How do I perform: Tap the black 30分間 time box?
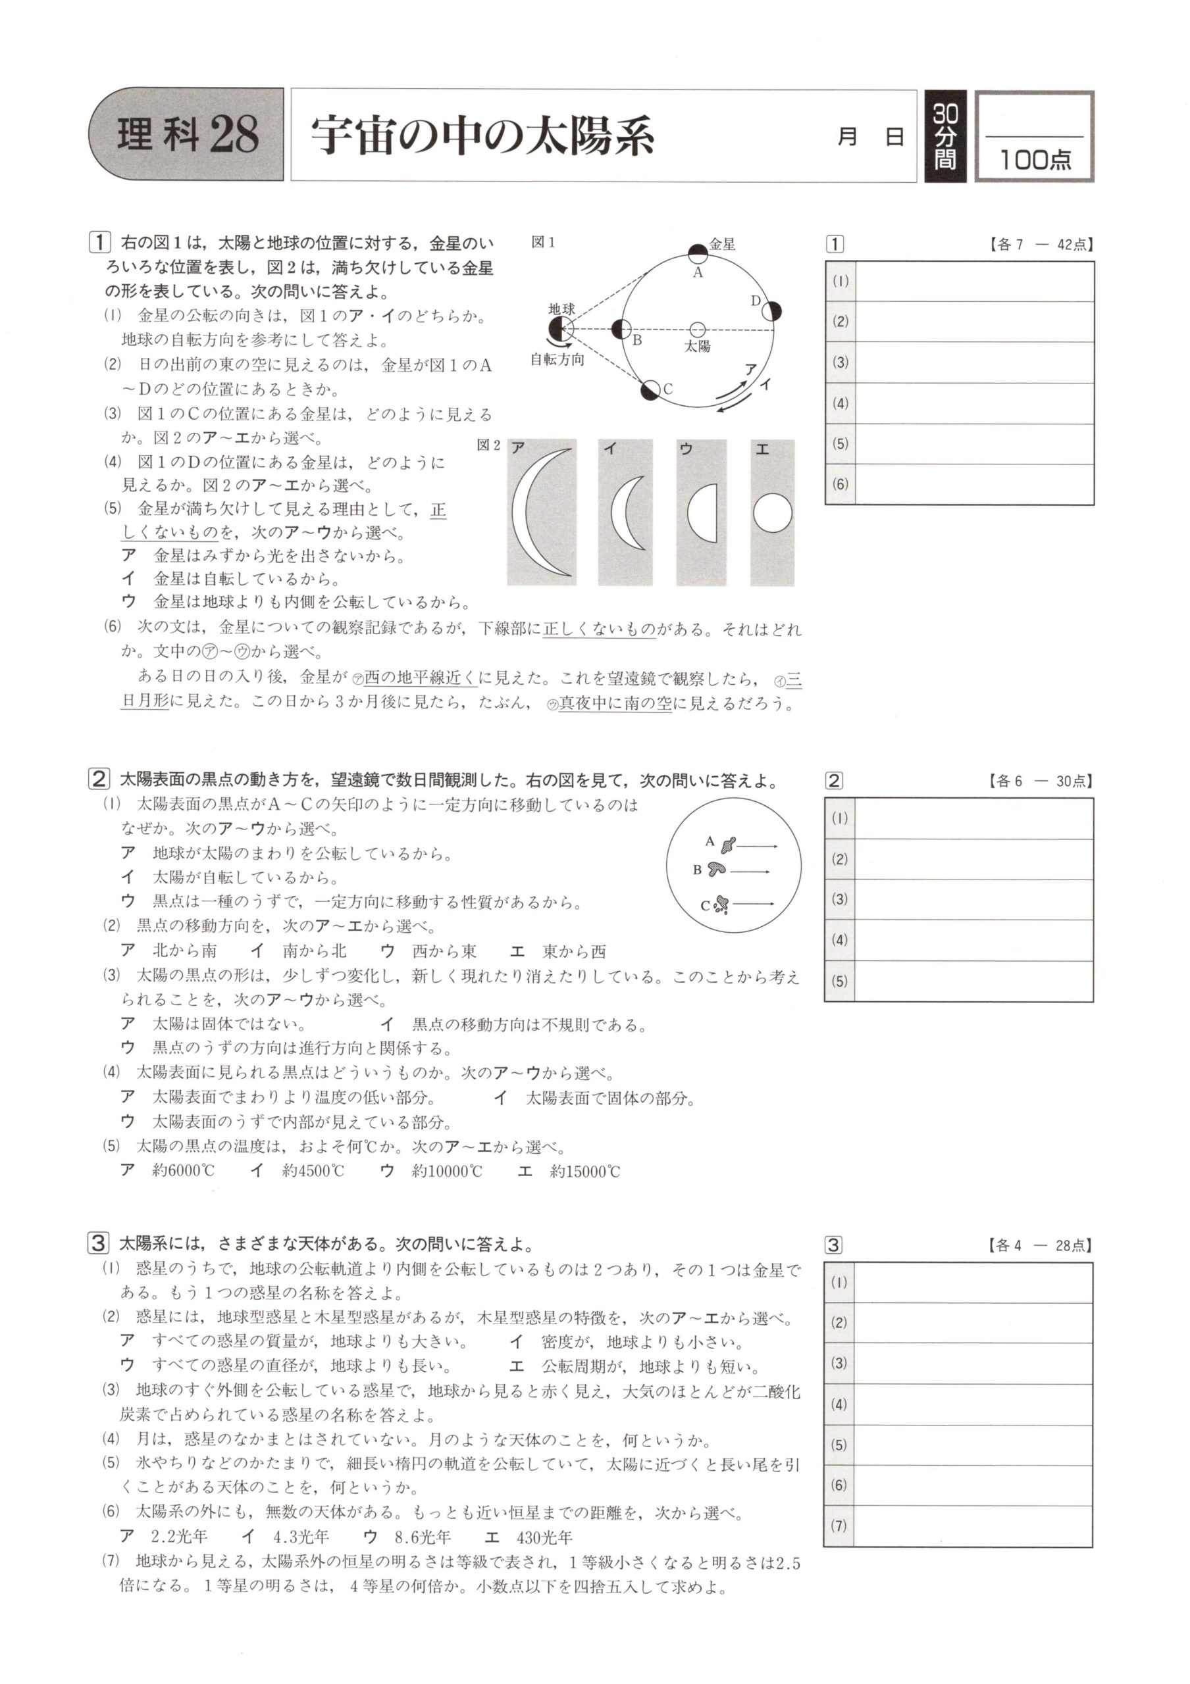[945, 136]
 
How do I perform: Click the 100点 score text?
[1035, 159]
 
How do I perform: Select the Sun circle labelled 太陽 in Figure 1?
[697, 330]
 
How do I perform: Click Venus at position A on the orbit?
[697, 254]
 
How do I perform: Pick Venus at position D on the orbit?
[771, 311]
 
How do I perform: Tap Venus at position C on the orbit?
[650, 391]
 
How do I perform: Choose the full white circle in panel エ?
[773, 512]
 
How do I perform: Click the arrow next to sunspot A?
[756, 846]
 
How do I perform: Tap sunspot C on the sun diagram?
[722, 905]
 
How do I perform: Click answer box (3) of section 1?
[973, 362]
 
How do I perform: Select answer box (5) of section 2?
[973, 981]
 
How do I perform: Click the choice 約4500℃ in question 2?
[313, 1172]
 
